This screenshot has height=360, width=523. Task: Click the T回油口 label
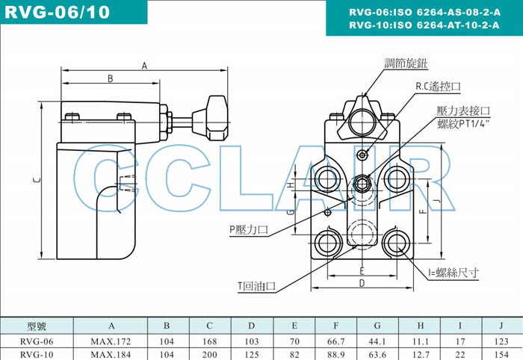pos(257,286)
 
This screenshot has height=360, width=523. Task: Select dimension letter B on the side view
pos(110,78)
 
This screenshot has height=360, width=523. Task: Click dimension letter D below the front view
pos(361,283)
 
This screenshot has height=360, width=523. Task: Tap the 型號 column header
pos(37,326)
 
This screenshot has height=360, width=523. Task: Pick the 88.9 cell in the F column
pos(337,354)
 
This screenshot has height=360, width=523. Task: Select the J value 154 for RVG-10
pos(501,354)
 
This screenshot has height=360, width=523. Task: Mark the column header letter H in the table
pos(420,326)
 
